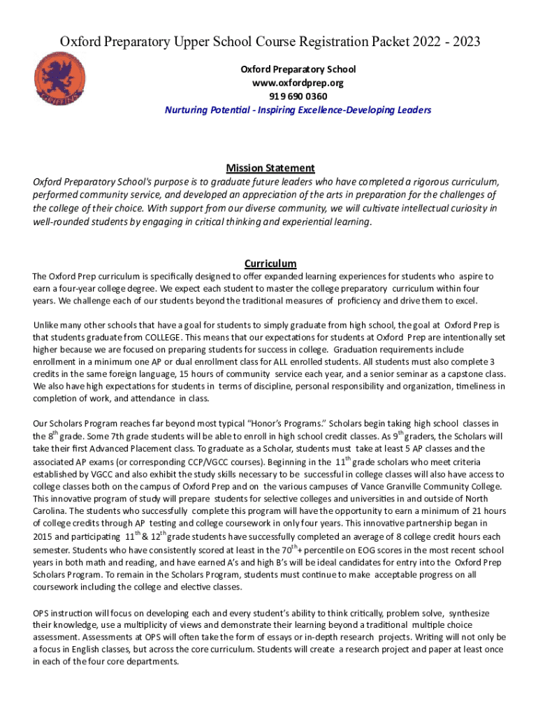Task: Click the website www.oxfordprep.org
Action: coord(298,83)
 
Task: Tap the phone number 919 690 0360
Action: coord(298,96)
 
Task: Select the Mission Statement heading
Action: coord(270,168)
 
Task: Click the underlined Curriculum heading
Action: coord(270,264)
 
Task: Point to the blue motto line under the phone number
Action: coord(298,110)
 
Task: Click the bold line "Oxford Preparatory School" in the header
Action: coord(298,69)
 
